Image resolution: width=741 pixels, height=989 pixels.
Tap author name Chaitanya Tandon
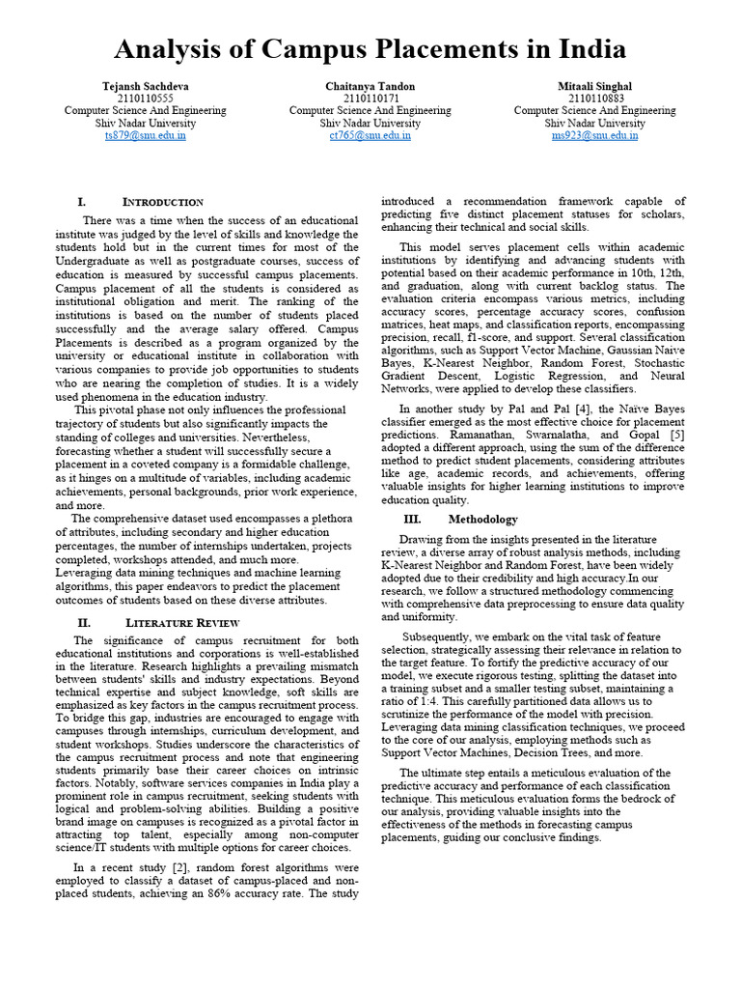370,86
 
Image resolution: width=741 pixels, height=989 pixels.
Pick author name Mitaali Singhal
594,86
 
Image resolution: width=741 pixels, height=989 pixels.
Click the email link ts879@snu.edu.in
145,136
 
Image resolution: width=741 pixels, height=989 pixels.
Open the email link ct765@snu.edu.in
370,136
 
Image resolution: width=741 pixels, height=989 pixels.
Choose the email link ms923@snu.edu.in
594,136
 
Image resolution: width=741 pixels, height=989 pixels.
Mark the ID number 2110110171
370,99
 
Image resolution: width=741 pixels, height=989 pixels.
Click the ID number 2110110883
594,99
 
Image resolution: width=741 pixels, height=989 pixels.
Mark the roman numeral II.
84,623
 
